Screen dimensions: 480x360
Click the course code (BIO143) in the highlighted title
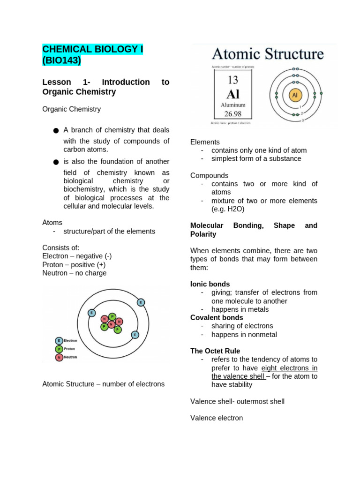click(61, 60)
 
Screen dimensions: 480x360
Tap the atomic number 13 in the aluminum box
click(233, 80)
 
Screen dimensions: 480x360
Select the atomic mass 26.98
click(233, 113)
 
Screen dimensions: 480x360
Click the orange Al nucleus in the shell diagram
click(295, 95)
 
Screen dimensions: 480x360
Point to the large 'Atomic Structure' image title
click(268, 54)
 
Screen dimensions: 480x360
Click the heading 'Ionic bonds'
click(210, 284)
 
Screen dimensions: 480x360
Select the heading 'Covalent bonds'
click(217, 317)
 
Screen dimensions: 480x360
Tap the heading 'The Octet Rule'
click(215, 351)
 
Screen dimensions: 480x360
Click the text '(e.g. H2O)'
click(228, 209)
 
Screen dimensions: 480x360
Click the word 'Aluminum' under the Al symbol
click(233, 105)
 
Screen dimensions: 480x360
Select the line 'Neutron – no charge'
click(75, 273)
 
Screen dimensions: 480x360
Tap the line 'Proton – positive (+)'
click(74, 264)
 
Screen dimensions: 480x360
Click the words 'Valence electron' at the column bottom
click(217, 418)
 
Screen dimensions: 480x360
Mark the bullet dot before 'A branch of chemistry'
click(56, 130)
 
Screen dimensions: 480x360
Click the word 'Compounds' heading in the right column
click(210, 175)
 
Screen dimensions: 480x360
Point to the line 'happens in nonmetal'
click(244, 334)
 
